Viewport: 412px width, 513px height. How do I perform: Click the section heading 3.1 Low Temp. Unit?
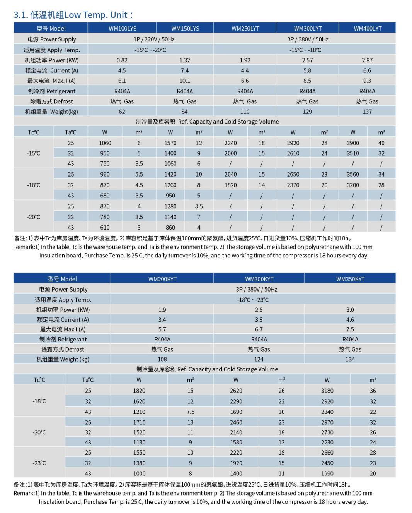73,15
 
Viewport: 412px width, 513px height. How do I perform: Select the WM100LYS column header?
122,28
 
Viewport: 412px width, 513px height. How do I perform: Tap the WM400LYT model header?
367,28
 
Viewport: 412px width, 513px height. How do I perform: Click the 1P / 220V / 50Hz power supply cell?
154,39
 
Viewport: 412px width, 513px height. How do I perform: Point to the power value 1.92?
245,60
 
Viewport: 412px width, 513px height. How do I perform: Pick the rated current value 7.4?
184,70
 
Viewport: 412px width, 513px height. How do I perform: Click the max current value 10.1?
184,81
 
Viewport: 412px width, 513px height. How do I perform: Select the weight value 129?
307,112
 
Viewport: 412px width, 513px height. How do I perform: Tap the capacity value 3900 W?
352,143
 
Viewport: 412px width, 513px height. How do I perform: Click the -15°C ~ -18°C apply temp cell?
305,50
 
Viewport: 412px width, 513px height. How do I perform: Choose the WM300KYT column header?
259,279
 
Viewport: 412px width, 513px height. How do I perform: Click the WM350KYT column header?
350,279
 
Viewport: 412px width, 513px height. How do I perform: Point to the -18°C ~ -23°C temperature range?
253,300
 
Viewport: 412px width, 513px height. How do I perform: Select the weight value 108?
162,359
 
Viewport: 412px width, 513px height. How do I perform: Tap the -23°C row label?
39,463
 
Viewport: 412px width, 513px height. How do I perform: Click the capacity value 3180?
327,391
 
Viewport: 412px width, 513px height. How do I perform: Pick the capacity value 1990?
327,473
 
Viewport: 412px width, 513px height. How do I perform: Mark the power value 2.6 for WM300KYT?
259,310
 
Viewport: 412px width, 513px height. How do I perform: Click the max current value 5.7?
162,329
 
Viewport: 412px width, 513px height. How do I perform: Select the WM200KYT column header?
162,279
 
